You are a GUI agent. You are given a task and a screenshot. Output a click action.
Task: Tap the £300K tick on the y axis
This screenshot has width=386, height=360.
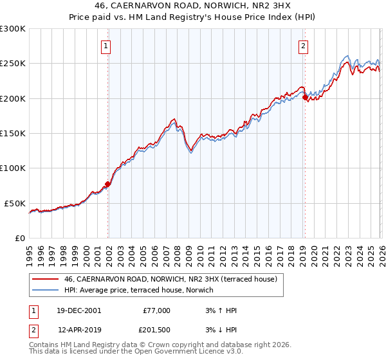[x=13, y=29]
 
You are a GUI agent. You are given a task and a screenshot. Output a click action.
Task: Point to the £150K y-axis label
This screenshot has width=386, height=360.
[x=13, y=133]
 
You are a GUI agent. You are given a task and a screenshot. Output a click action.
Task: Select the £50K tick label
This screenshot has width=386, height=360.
[x=15, y=203]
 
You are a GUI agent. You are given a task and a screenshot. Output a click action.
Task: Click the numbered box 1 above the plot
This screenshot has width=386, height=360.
[x=106, y=46]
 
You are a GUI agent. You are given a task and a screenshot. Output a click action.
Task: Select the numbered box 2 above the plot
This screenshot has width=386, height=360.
[x=302, y=46]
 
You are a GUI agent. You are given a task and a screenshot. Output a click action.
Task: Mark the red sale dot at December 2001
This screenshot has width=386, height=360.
[x=108, y=184]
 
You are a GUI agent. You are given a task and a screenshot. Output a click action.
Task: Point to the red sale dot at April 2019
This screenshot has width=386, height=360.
[x=305, y=98]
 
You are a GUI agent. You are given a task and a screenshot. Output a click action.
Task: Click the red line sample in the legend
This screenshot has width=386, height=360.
[x=46, y=280]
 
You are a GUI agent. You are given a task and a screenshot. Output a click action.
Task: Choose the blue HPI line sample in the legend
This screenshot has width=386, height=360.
[x=46, y=291]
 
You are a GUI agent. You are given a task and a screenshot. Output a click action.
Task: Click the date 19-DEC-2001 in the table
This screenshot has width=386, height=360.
[x=79, y=310]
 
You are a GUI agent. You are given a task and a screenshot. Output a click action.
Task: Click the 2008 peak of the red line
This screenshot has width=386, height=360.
[x=174, y=119]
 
